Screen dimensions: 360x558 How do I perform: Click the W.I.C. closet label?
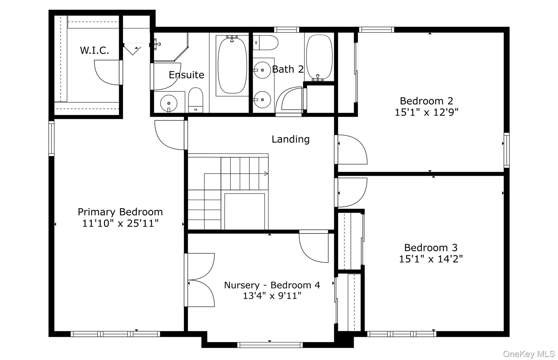click(x=94, y=51)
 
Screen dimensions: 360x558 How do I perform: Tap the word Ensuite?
click(x=186, y=75)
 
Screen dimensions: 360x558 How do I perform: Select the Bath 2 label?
click(x=288, y=69)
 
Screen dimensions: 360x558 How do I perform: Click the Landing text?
click(x=290, y=139)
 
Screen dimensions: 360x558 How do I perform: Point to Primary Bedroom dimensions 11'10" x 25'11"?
click(x=120, y=224)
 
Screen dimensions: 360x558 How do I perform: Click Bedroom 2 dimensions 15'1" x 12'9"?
click(x=426, y=112)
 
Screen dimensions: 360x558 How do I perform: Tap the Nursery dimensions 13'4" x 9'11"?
click(x=272, y=296)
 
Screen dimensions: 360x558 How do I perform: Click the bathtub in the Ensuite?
click(x=232, y=65)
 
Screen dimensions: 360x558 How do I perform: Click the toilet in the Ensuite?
click(x=196, y=100)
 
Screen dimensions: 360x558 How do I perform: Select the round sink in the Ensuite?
click(x=169, y=103)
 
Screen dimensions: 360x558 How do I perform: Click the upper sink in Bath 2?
click(x=262, y=70)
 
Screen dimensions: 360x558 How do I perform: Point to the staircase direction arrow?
click(x=266, y=174)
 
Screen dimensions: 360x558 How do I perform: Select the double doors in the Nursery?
click(x=200, y=280)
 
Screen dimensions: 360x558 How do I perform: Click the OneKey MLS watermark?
click(x=529, y=354)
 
